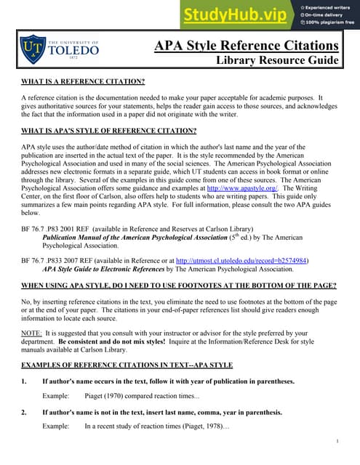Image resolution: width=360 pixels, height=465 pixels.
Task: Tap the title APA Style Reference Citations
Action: (x=247, y=46)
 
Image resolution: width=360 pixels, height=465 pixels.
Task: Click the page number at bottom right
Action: (x=338, y=441)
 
